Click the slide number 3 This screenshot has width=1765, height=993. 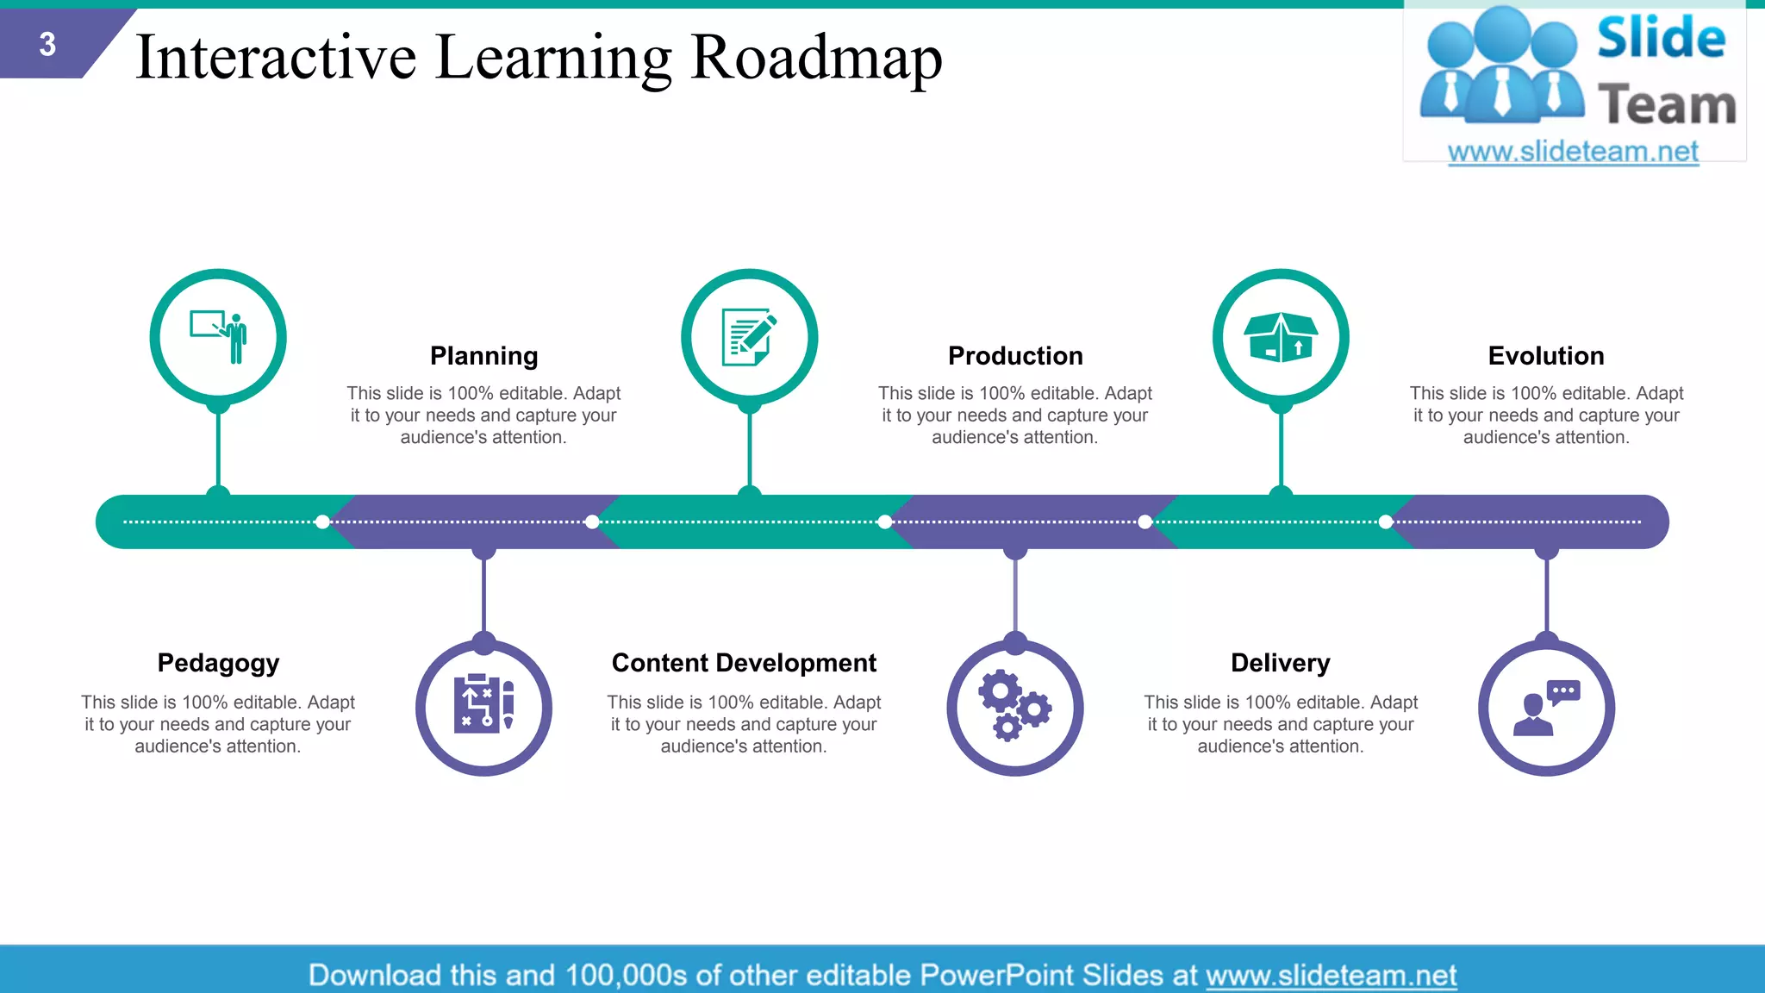[47, 44]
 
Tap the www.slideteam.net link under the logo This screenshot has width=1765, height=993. [1573, 152]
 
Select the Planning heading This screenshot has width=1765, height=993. [483, 356]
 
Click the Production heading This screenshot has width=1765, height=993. [1015, 356]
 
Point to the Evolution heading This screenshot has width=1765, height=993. [1546, 356]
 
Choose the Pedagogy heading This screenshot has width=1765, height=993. [218, 663]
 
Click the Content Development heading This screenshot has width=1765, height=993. [744, 663]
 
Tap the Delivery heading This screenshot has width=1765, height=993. [1280, 663]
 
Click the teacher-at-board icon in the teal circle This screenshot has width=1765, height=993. [219, 337]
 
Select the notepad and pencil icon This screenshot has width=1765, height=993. [749, 337]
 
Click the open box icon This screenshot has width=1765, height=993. [1281, 337]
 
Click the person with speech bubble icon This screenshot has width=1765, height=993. [1546, 708]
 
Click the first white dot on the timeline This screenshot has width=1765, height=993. [322, 521]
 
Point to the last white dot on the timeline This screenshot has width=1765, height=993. [1386, 521]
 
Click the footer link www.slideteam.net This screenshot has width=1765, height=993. [1331, 975]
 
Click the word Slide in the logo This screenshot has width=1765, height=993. [1661, 39]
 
